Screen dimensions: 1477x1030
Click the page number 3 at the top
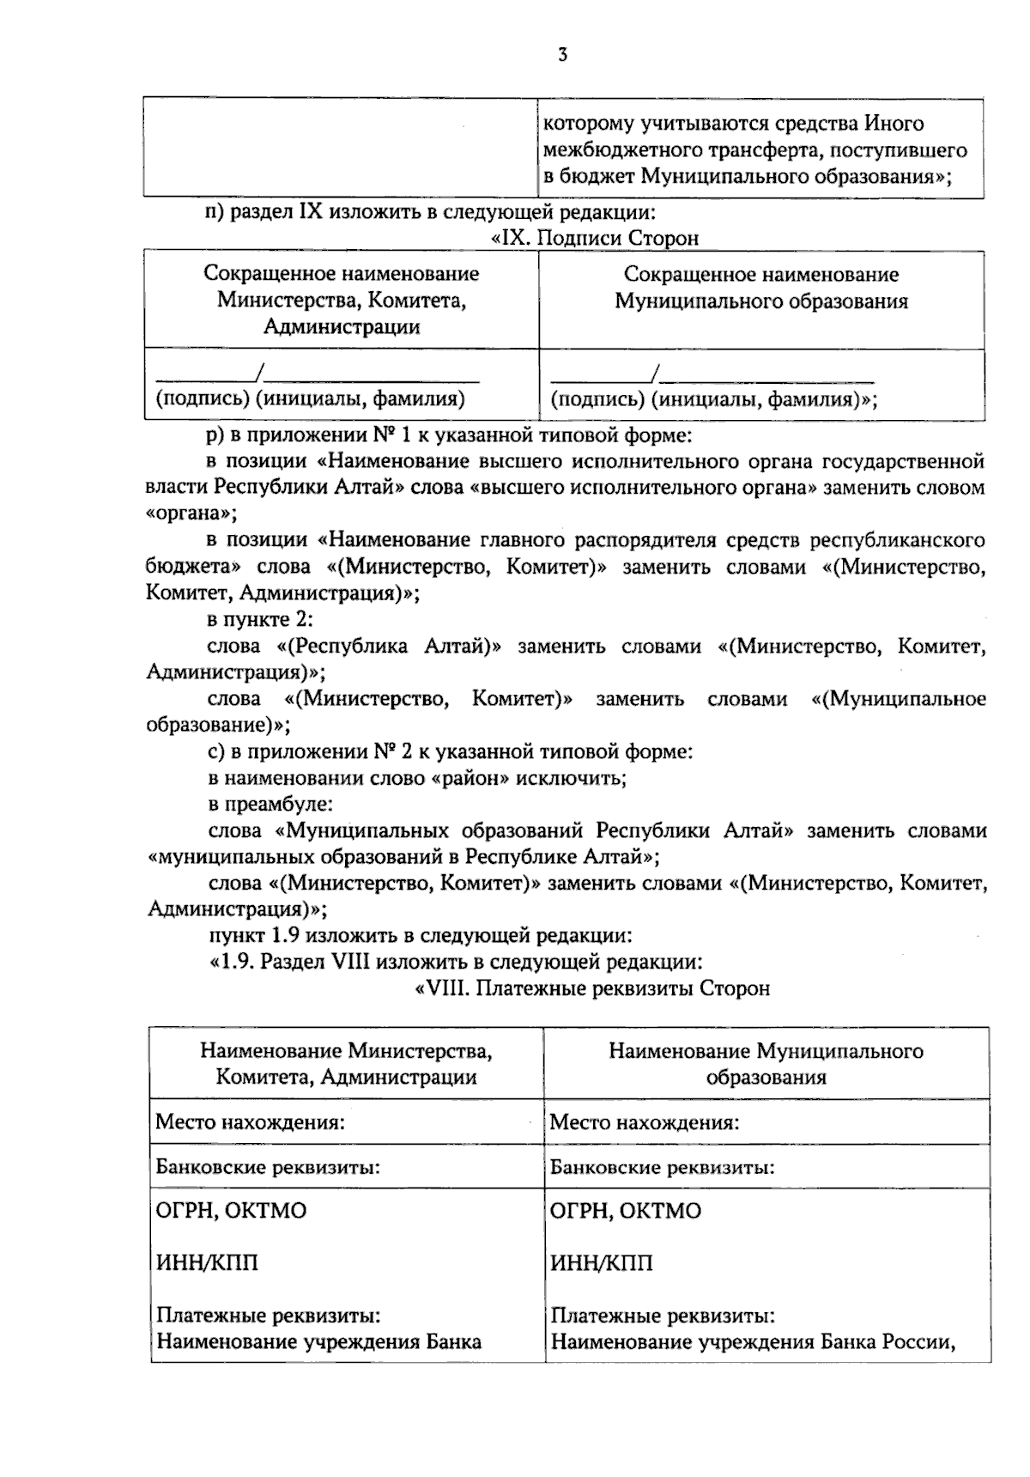pyautogui.click(x=563, y=56)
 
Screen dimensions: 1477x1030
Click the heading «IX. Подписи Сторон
pyautogui.click(x=594, y=238)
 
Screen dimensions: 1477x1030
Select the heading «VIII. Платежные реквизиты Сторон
pyautogui.click(x=592, y=988)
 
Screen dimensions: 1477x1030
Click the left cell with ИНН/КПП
pyautogui.click(x=207, y=1263)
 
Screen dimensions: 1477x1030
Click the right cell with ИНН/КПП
pyautogui.click(x=601, y=1263)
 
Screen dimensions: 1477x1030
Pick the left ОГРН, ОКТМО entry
pyautogui.click(x=231, y=1211)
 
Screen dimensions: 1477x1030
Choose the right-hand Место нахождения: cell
pyautogui.click(x=644, y=1122)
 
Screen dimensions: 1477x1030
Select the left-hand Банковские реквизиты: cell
pyautogui.click(x=268, y=1167)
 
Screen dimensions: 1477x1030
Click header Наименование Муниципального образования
pyautogui.click(x=766, y=1064)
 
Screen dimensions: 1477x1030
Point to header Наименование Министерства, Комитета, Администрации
pyautogui.click(x=347, y=1064)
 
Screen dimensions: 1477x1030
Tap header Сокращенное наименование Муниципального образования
pyautogui.click(x=761, y=288)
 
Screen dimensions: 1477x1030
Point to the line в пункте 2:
pyautogui.click(x=260, y=620)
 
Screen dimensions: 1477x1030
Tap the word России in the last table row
pyautogui.click(x=922, y=1342)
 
